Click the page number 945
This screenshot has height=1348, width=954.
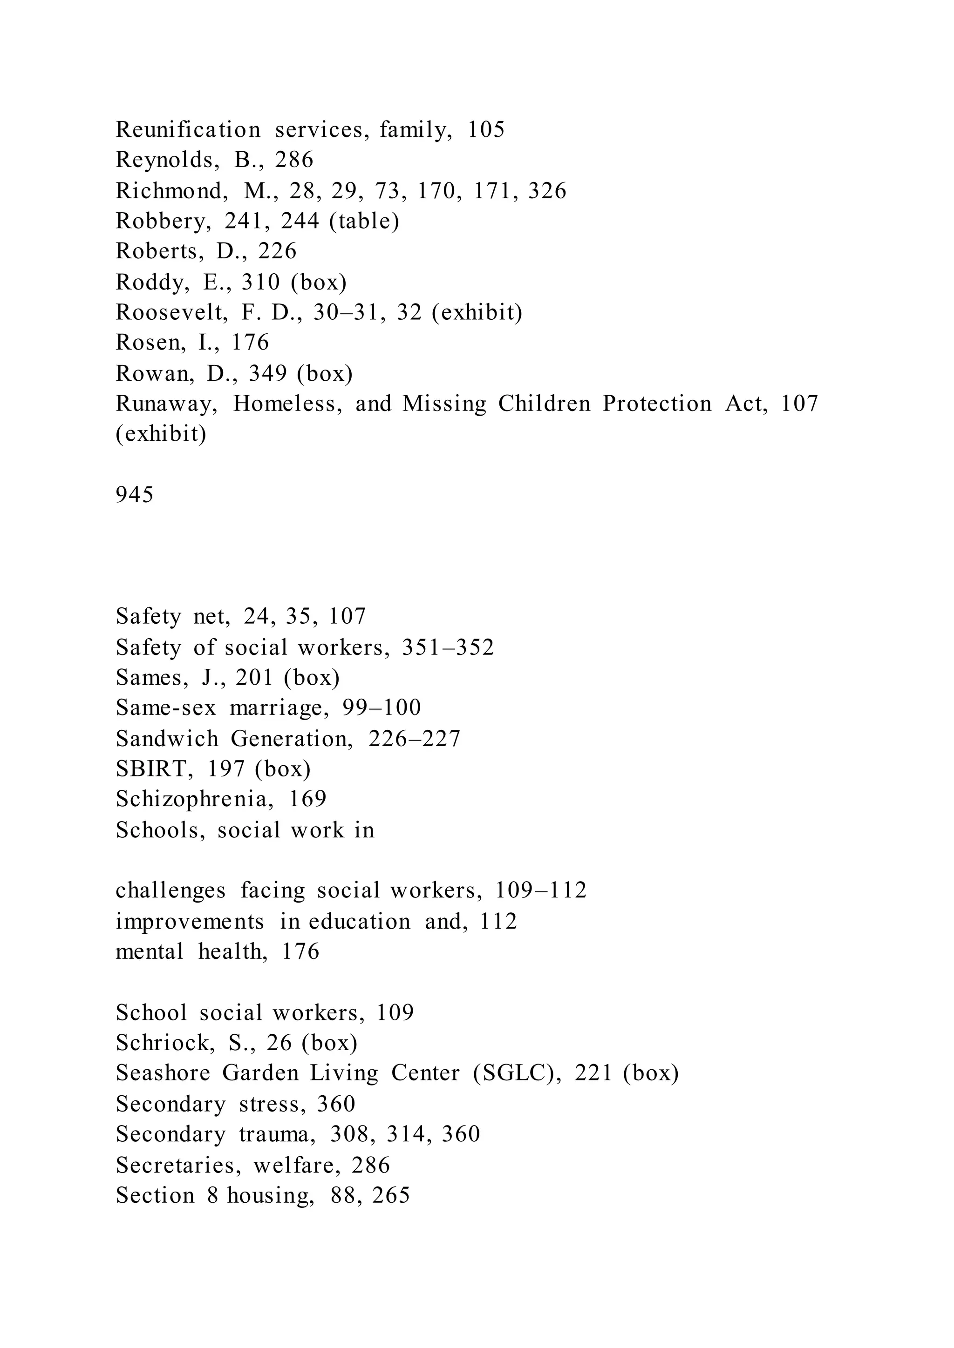135,495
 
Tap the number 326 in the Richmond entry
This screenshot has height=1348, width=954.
547,191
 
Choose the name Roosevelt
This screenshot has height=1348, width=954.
171,312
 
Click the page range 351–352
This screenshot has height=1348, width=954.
448,647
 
